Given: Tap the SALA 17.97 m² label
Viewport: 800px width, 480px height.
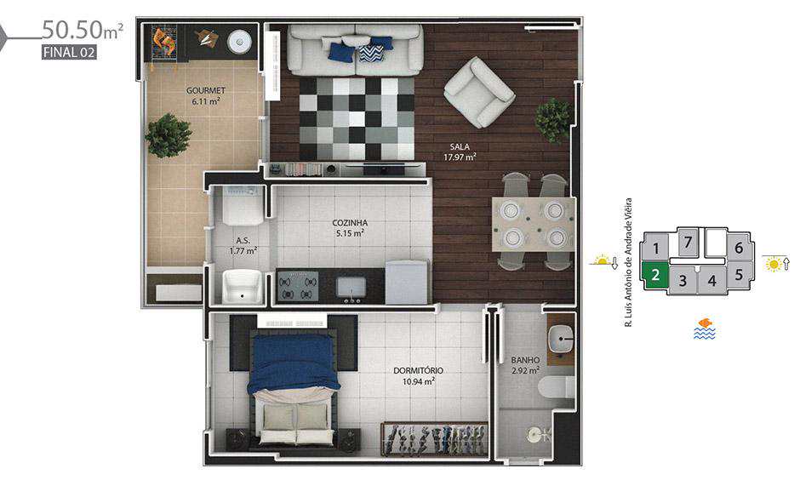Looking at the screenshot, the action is click(x=460, y=152).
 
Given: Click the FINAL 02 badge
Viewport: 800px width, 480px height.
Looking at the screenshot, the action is click(x=69, y=52).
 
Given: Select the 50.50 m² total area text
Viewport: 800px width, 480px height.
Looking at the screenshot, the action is click(x=83, y=30).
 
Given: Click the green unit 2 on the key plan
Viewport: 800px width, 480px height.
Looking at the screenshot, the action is click(x=655, y=276).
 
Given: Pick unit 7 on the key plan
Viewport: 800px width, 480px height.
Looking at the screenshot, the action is click(x=688, y=242).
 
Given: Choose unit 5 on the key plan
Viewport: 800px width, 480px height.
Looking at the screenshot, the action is click(x=739, y=275).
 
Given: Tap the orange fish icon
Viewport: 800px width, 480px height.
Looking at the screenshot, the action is click(x=706, y=323).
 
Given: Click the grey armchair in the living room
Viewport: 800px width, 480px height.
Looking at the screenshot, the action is click(x=478, y=92).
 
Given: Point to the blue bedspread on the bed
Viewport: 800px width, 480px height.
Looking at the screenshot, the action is click(x=293, y=363).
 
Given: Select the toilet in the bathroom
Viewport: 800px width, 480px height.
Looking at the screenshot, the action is click(x=556, y=386).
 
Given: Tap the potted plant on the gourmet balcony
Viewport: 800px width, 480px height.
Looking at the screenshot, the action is click(x=169, y=135).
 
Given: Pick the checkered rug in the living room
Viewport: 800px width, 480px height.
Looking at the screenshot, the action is click(x=356, y=119).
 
